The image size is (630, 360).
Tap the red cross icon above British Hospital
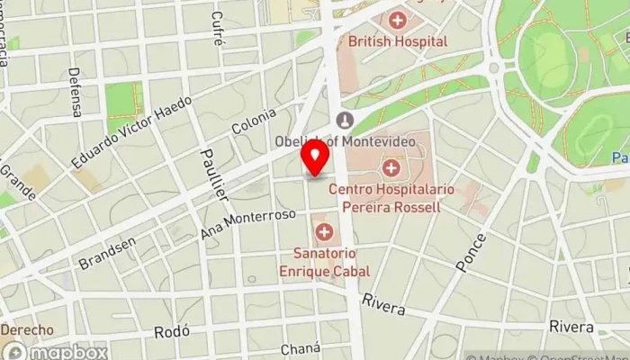397,19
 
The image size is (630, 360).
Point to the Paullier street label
214,174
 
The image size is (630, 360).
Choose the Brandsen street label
107,253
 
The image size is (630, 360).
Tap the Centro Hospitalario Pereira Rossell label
391,198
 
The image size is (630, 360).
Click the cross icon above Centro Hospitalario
391,167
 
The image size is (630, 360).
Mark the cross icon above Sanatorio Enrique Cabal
323,233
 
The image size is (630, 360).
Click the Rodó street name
170,332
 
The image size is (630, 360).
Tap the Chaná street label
300,348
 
